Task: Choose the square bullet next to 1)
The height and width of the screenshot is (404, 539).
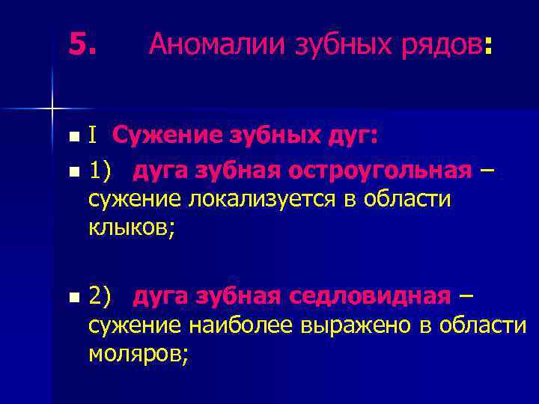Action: point(72,173)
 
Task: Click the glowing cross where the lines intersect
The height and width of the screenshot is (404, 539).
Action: point(52,108)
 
